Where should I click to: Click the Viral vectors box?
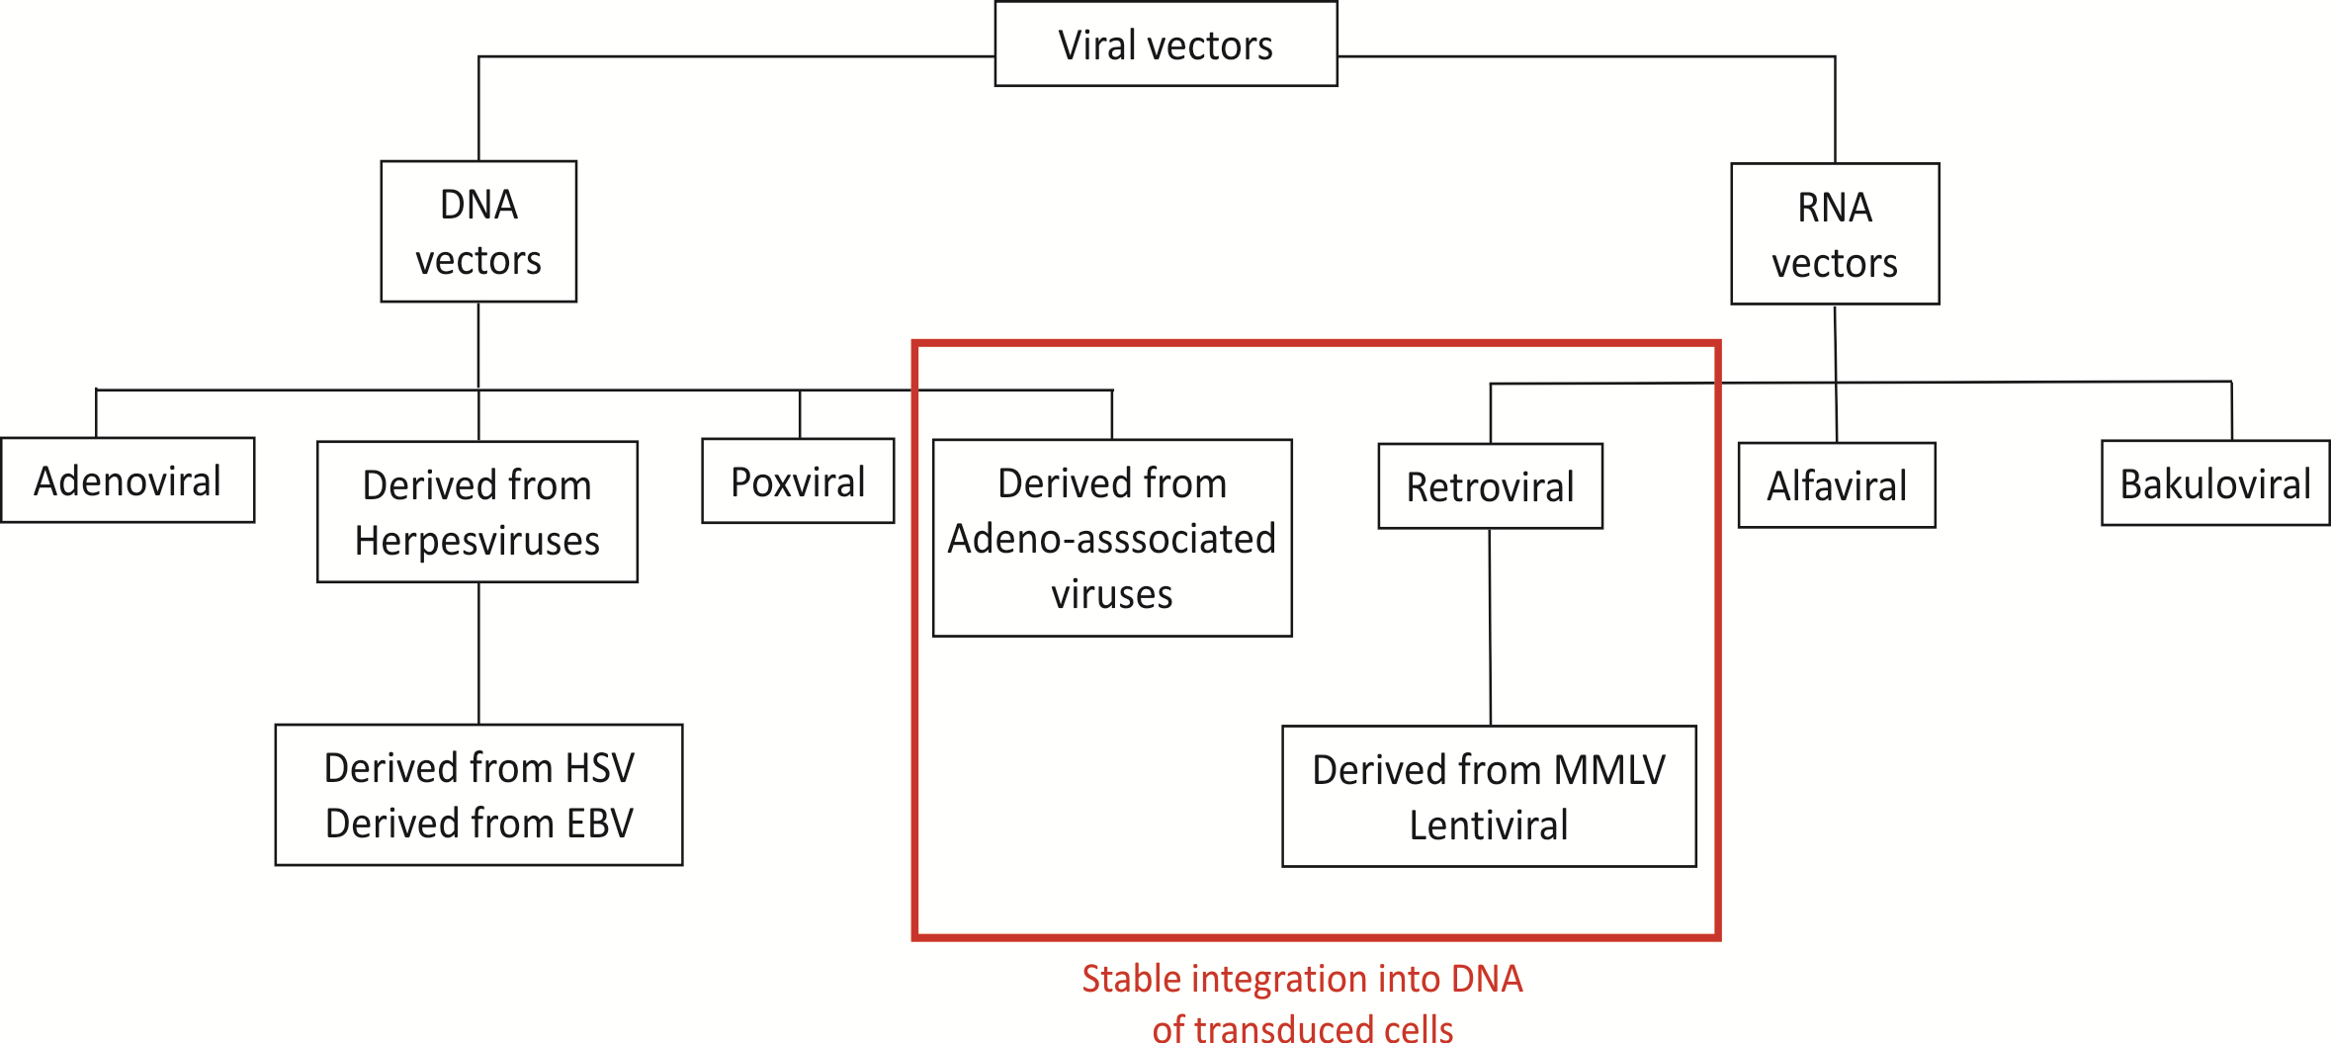point(1165,44)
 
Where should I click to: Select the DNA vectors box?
point(478,231)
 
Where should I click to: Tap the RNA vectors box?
point(1835,234)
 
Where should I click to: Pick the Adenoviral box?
point(128,480)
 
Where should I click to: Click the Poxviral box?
point(798,481)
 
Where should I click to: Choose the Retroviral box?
point(1490,486)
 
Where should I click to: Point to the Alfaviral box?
point(1837,485)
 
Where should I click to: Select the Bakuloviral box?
point(2215,483)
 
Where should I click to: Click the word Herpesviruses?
point(477,541)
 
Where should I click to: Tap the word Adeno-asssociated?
point(1112,539)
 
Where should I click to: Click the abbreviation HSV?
point(599,768)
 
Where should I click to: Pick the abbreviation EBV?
point(599,824)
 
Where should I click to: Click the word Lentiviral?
point(1489,826)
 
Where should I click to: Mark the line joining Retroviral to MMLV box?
point(1490,628)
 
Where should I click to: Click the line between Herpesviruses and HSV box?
point(478,652)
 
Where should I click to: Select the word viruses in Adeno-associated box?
point(1112,594)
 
